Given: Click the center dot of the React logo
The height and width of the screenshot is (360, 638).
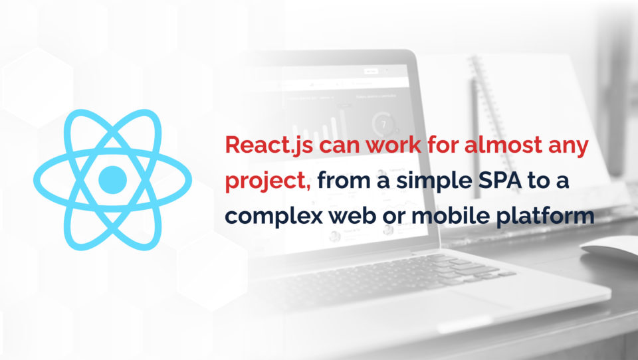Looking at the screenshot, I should [x=112, y=177].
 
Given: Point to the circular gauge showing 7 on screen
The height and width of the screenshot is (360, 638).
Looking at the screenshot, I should [x=382, y=124].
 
